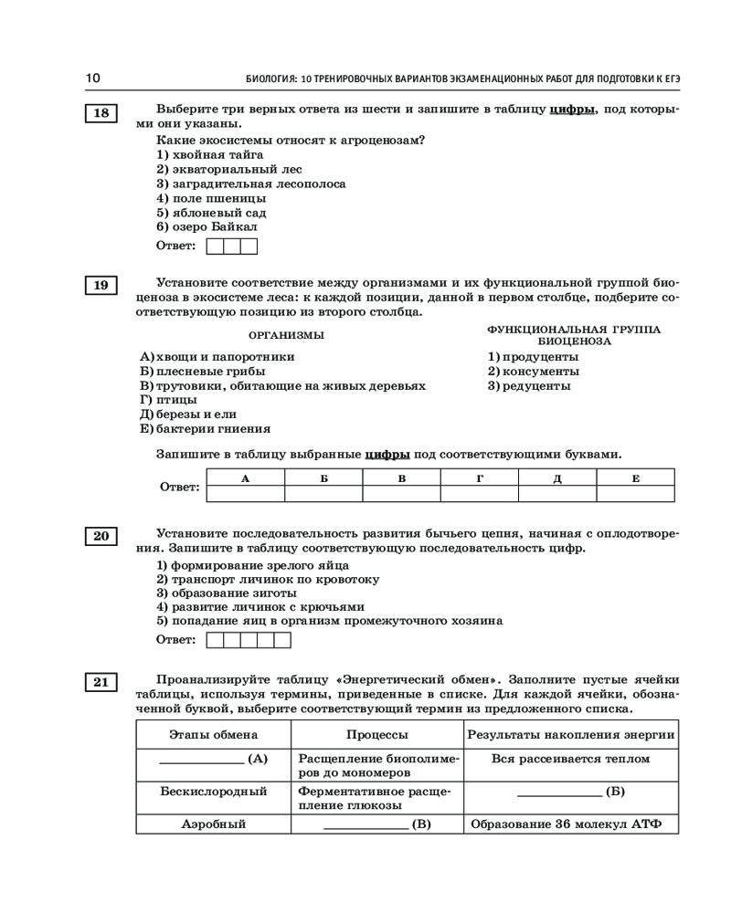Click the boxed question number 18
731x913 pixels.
(101, 113)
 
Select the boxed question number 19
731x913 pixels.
(101, 286)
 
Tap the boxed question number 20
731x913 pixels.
(101, 536)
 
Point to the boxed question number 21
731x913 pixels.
(101, 681)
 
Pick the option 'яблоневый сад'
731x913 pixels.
(217, 212)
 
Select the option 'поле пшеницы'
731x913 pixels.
(217, 198)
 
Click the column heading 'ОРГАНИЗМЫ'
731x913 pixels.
(286, 335)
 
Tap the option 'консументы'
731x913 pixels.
(539, 372)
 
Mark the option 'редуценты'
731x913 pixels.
(535, 386)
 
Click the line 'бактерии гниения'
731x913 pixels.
(211, 429)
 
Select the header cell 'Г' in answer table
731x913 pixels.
(479, 478)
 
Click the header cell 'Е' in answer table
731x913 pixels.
(635, 478)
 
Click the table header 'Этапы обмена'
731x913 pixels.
(214, 735)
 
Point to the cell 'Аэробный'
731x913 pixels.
(214, 824)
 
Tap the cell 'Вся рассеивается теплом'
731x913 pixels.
(571, 759)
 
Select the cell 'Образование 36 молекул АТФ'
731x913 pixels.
(571, 824)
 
